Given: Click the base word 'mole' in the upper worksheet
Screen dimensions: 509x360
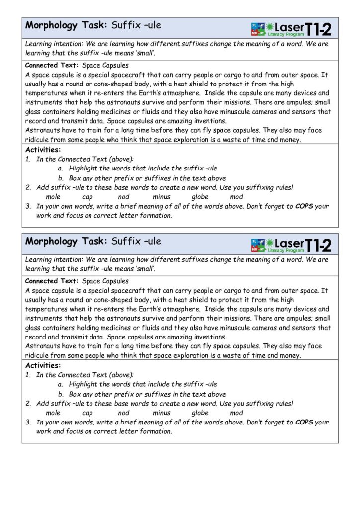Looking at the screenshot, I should coord(53,197).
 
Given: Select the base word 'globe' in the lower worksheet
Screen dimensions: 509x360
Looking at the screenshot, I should coord(200,413).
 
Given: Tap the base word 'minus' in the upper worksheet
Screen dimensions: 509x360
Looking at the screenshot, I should coord(161,197).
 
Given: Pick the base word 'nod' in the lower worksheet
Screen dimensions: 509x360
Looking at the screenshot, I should coord(124,413).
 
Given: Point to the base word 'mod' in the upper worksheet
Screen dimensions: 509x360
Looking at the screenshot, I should coord(237,197).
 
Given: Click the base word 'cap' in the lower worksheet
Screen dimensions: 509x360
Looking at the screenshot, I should coord(88,413).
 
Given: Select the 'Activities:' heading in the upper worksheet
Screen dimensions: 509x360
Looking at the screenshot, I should coord(43,149).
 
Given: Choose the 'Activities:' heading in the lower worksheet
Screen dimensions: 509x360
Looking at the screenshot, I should coord(43,365).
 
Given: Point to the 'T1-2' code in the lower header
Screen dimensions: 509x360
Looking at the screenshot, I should coord(318,245).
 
